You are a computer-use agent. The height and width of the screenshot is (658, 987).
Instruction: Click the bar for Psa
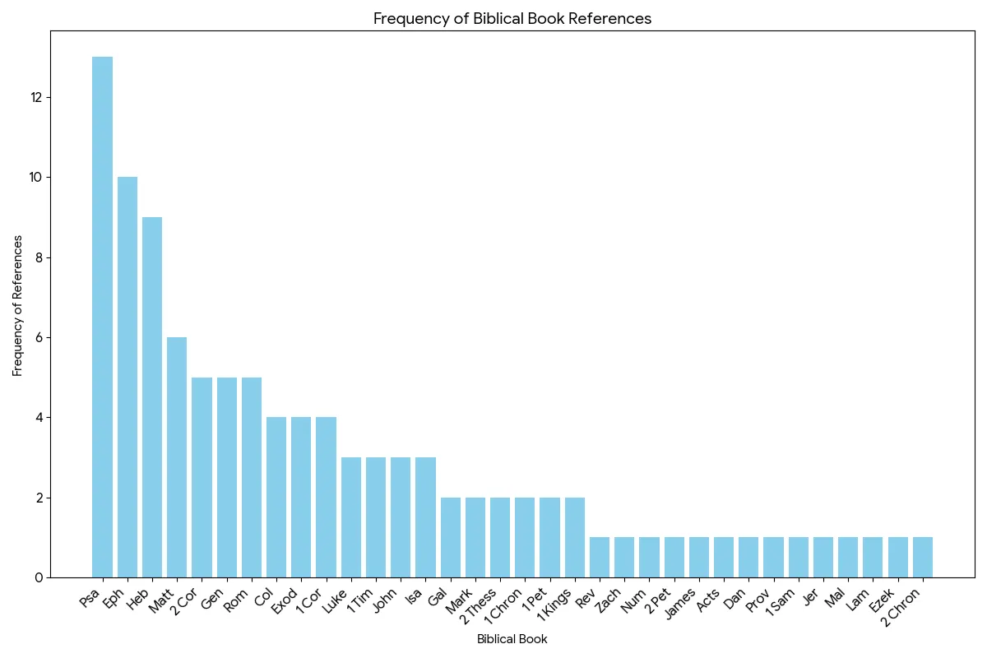click(102, 317)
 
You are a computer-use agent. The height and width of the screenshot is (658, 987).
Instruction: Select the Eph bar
click(127, 378)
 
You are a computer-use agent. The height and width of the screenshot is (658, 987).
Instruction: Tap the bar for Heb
click(152, 397)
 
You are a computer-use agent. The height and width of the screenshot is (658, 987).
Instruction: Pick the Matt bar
click(177, 457)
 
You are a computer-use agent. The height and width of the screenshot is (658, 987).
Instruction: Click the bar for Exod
click(301, 498)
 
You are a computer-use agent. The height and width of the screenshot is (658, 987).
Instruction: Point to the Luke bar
click(351, 517)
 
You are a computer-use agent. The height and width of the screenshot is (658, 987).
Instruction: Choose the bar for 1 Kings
click(575, 538)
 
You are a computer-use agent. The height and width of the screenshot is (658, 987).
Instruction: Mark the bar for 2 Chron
click(923, 558)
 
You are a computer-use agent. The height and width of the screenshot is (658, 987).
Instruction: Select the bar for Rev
click(600, 558)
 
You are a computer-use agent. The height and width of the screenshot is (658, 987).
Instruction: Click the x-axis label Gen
click(212, 600)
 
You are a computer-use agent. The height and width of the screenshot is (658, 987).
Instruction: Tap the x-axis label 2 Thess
click(478, 606)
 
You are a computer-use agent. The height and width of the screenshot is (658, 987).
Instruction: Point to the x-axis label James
click(680, 604)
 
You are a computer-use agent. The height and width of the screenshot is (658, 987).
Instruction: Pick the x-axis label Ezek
click(881, 601)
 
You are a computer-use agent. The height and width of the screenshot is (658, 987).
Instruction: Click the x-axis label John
click(386, 601)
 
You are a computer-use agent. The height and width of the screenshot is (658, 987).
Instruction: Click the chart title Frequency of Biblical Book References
click(512, 19)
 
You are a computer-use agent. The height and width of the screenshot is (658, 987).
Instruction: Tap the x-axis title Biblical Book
click(512, 639)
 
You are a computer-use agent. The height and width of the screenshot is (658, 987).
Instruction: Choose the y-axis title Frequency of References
click(17, 306)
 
